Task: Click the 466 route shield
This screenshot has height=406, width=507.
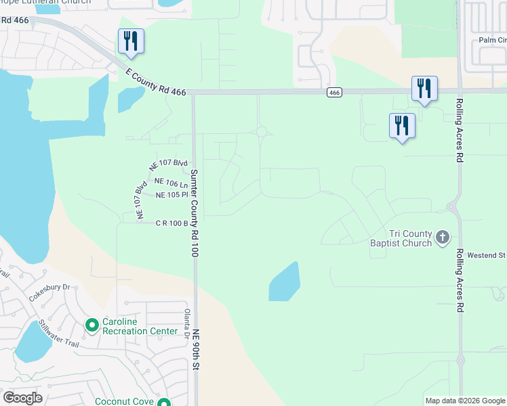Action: coord(334,92)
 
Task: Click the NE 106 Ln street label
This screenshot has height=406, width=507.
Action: coord(171,182)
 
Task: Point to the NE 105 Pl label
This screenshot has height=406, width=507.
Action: coord(171,195)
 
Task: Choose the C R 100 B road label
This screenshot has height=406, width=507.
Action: coord(171,223)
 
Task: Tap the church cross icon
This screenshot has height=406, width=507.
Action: coord(443,237)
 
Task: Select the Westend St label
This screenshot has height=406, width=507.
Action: coord(490,255)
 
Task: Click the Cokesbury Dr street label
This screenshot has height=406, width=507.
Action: coord(49,292)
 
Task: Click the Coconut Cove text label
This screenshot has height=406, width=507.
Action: coord(124,401)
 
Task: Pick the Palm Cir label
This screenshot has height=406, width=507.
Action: coord(492,39)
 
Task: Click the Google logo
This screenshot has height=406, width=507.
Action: coord(22,398)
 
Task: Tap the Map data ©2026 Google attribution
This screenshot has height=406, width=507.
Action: coord(464,401)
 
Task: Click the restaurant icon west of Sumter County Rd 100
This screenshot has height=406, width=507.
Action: coord(131,41)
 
